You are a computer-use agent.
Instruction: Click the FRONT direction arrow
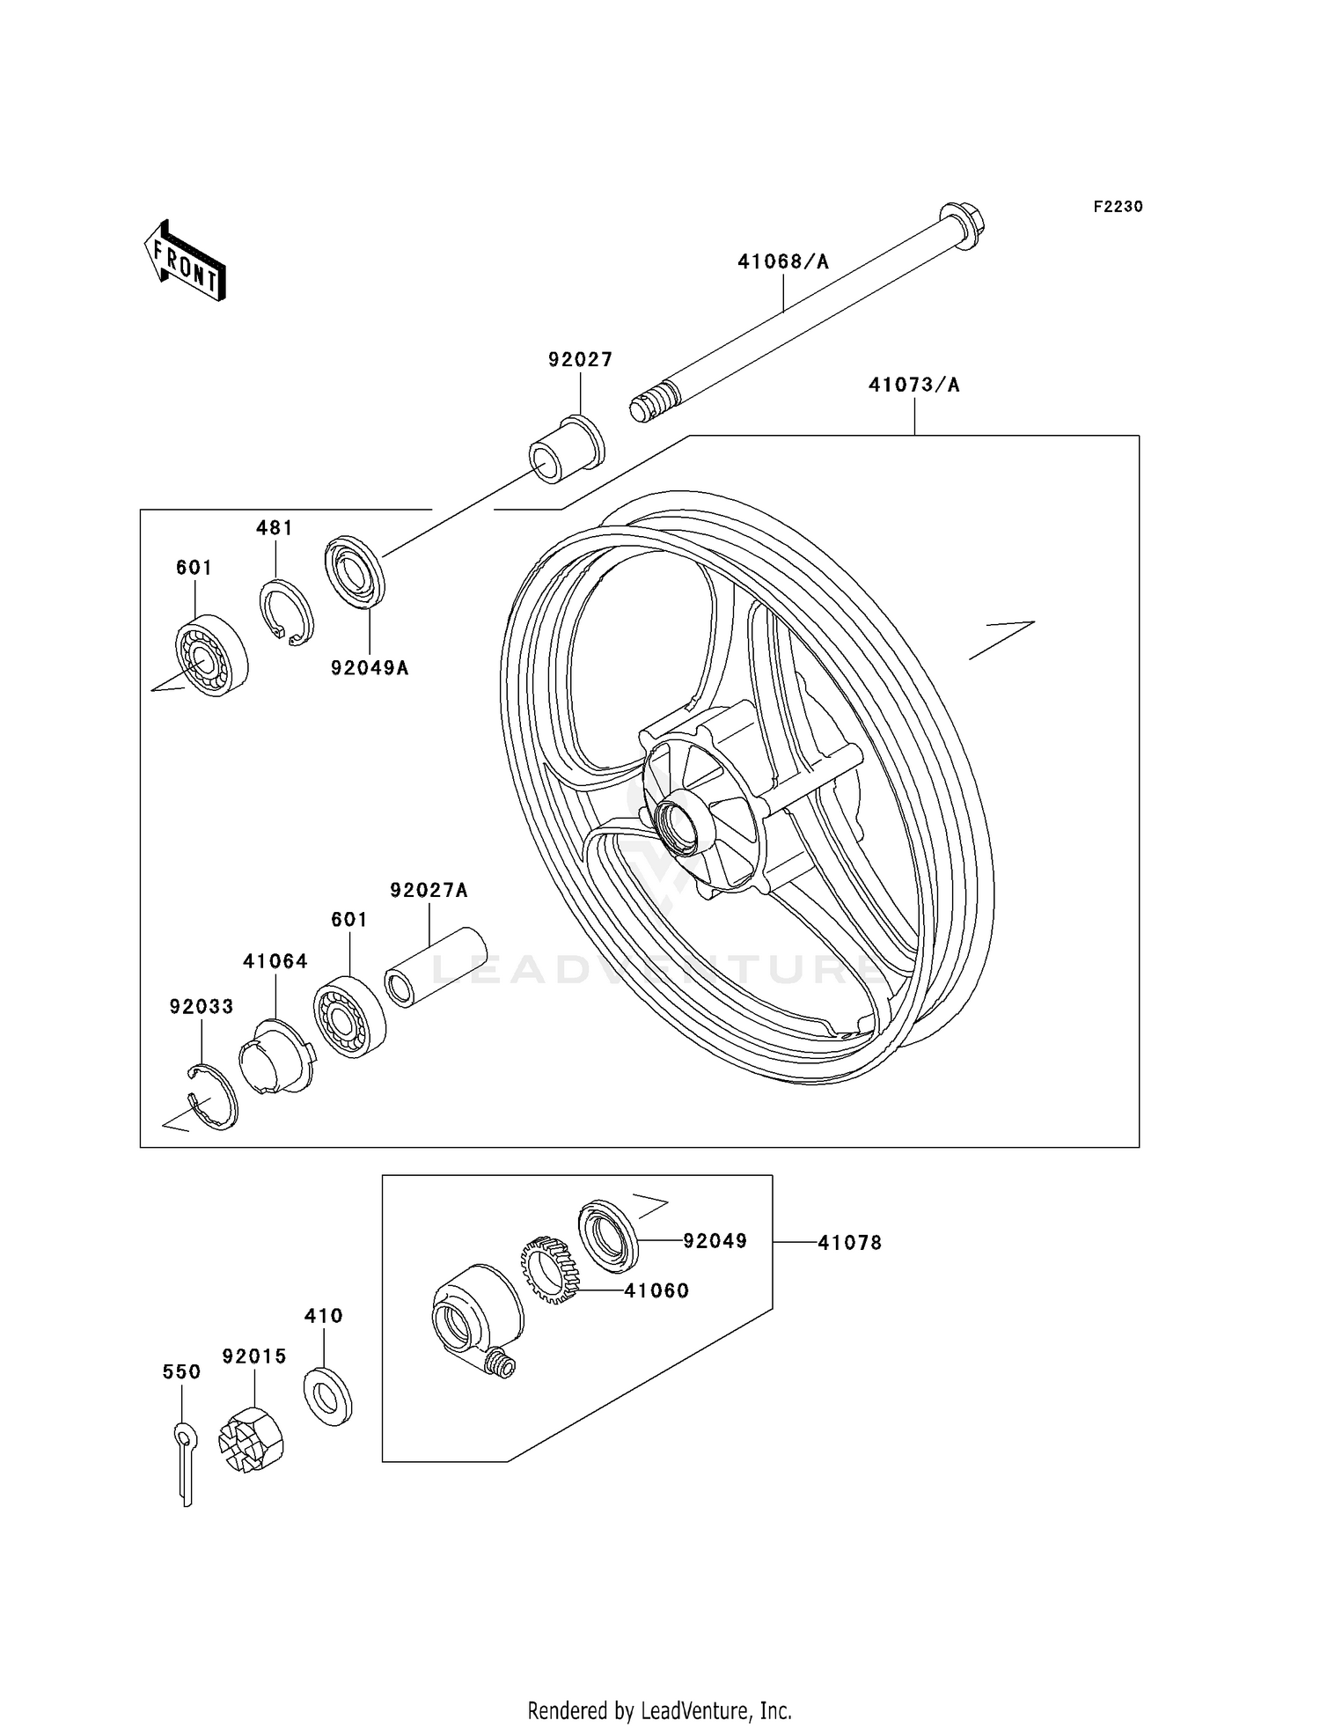pos(186,261)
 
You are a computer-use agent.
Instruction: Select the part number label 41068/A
pos(783,261)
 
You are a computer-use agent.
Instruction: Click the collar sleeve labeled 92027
pos(567,449)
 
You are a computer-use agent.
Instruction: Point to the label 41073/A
pos(913,385)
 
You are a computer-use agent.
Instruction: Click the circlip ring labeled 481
pos(286,612)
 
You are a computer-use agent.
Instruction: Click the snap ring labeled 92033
pos(214,1097)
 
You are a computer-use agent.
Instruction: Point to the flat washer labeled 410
pos(327,1397)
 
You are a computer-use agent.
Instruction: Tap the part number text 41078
pos(849,1242)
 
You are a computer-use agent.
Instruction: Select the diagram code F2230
pos(1118,207)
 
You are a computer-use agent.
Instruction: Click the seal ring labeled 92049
pos(608,1235)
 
